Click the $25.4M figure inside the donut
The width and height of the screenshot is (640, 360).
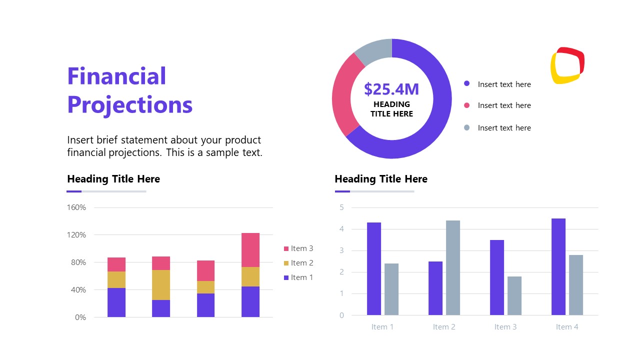point(391,89)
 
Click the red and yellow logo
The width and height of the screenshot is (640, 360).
point(567,65)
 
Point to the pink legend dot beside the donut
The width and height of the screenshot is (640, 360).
point(467,105)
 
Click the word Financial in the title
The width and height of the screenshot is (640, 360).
point(116,76)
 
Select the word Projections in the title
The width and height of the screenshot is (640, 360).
point(130,105)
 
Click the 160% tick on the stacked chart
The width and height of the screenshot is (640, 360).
point(76,207)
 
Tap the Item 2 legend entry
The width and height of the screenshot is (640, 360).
point(298,263)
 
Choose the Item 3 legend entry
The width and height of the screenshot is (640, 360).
point(298,248)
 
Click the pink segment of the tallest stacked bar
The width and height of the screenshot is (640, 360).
point(250,249)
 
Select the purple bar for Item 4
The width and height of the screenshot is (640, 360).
point(558,266)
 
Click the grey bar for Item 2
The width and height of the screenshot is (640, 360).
point(453,267)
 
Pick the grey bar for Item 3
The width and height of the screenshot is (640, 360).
point(514,295)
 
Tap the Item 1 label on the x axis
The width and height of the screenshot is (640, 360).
point(382,327)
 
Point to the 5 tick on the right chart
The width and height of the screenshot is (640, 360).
point(342,207)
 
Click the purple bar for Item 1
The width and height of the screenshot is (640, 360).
point(374,268)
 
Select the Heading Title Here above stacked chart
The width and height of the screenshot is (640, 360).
point(113,179)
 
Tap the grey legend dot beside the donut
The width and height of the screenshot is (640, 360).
point(467,127)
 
